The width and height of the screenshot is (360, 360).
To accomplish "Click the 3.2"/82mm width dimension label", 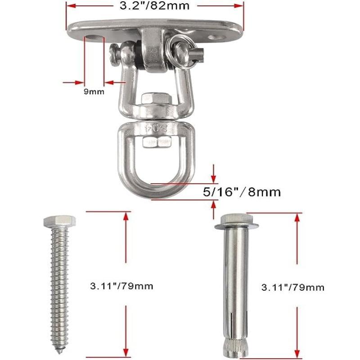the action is pos(154,6).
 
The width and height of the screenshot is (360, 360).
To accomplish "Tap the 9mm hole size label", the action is pos(94,92).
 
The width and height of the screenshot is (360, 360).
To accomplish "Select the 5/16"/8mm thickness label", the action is pos(242,192).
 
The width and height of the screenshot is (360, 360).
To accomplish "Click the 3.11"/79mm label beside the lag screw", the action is pos(121,286).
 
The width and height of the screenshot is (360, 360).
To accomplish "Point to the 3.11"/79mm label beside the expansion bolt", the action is pos(293,288).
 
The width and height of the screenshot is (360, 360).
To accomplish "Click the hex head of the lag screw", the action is pos(59,221).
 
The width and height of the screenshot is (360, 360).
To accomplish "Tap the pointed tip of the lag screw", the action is pos(60,351).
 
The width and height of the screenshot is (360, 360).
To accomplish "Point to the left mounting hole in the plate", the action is pos(94,37).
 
